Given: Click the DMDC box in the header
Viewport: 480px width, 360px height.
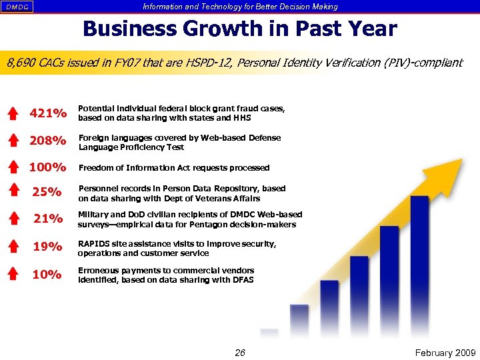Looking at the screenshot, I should pyautogui.click(x=17, y=7).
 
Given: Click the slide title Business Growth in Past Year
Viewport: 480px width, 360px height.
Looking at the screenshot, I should pyautogui.click(x=239, y=29).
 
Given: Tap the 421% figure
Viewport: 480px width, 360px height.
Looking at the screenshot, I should pyautogui.click(x=48, y=113).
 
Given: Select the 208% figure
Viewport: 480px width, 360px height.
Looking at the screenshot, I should pyautogui.click(x=48, y=141).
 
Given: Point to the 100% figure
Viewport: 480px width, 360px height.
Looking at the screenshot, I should pyautogui.click(x=48, y=167).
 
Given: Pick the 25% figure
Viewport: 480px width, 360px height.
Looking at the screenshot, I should pyautogui.click(x=48, y=193).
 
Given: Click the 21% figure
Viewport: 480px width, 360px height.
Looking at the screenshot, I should pyautogui.click(x=48, y=219).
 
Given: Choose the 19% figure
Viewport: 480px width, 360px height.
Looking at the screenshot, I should pyautogui.click(x=48, y=247).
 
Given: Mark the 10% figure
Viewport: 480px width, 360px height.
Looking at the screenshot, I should pyautogui.click(x=48, y=274).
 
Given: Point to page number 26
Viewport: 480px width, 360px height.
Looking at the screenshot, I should pyautogui.click(x=240, y=353).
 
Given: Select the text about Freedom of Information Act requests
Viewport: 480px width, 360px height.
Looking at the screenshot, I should pyautogui.click(x=174, y=168).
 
